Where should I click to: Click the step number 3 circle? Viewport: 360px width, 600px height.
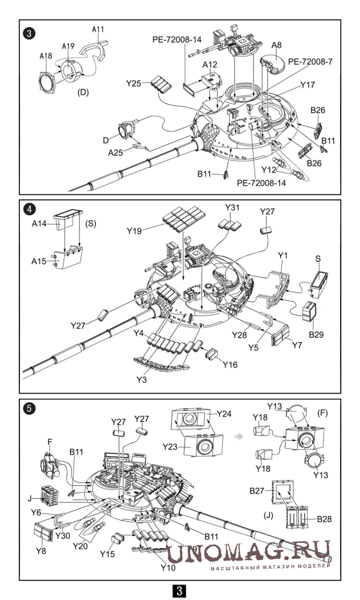tap(29, 34)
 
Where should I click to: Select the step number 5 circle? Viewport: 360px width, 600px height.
tap(29, 408)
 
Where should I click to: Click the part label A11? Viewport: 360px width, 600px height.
tap(98, 29)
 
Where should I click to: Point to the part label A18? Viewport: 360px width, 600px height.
tap(45, 56)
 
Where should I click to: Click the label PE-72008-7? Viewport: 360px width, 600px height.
tap(310, 62)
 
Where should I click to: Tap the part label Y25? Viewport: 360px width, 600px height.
tap(134, 83)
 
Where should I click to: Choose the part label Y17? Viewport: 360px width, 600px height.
tap(307, 85)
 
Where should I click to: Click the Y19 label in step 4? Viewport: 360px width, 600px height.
tap(135, 231)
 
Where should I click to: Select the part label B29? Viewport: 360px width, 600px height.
tap(316, 335)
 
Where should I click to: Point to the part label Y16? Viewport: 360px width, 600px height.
tap(230, 364)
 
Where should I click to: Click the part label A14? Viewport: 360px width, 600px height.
tap(39, 224)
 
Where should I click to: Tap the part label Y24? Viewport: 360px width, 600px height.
tap(224, 414)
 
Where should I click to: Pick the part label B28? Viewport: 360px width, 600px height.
tap(325, 519)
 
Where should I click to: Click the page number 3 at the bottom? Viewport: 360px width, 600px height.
tap(180, 591)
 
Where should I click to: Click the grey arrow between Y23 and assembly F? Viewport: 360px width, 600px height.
tap(239, 436)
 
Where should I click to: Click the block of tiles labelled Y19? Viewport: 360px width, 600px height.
tap(182, 219)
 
